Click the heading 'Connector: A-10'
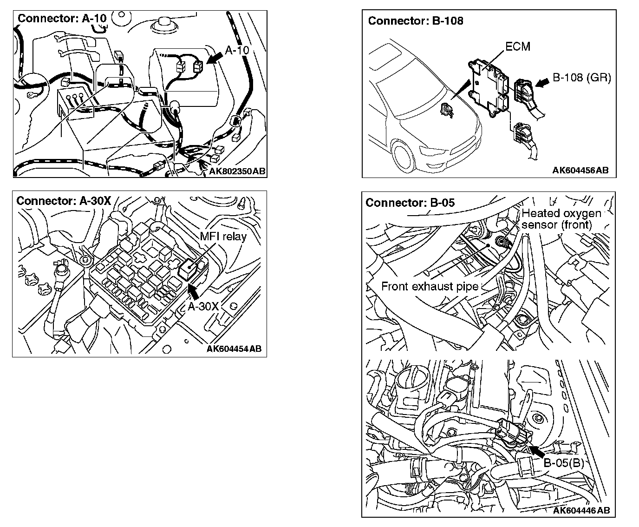click(61, 19)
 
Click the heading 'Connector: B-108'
click(416, 21)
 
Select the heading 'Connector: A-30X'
click(64, 201)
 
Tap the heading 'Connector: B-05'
click(410, 203)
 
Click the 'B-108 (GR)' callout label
click(582, 77)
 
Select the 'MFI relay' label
click(223, 236)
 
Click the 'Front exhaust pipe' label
click(430, 286)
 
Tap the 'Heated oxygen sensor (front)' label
click(561, 219)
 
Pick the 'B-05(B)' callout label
click(563, 463)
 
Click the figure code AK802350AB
click(237, 171)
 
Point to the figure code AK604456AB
click(580, 171)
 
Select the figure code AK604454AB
click(234, 349)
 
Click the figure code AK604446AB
click(581, 510)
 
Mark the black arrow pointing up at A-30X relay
click(194, 291)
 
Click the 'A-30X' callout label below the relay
click(203, 306)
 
